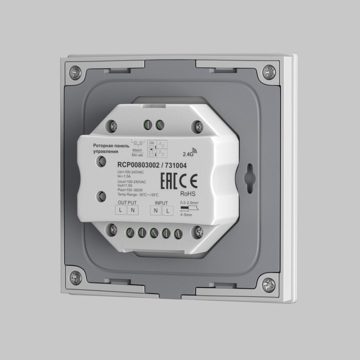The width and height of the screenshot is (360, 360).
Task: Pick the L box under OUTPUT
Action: pyautogui.click(x=120, y=210)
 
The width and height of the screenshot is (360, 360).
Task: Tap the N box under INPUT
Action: pyautogui.click(x=155, y=211)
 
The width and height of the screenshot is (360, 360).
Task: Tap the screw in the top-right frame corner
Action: pyautogui.click(x=268, y=72)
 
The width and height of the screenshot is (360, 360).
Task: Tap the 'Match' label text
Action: pyautogui.click(x=137, y=150)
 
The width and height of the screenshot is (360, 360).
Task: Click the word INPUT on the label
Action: pyautogui.click(x=161, y=203)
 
